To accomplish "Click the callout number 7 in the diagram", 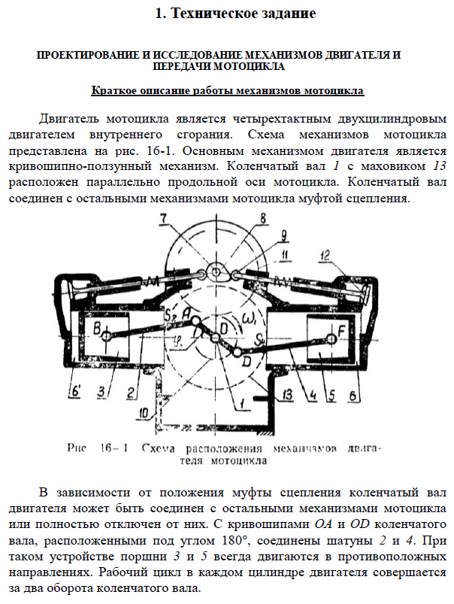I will point(163,220).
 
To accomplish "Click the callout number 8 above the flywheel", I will point(262,219).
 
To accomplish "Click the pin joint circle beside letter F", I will point(325,329).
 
